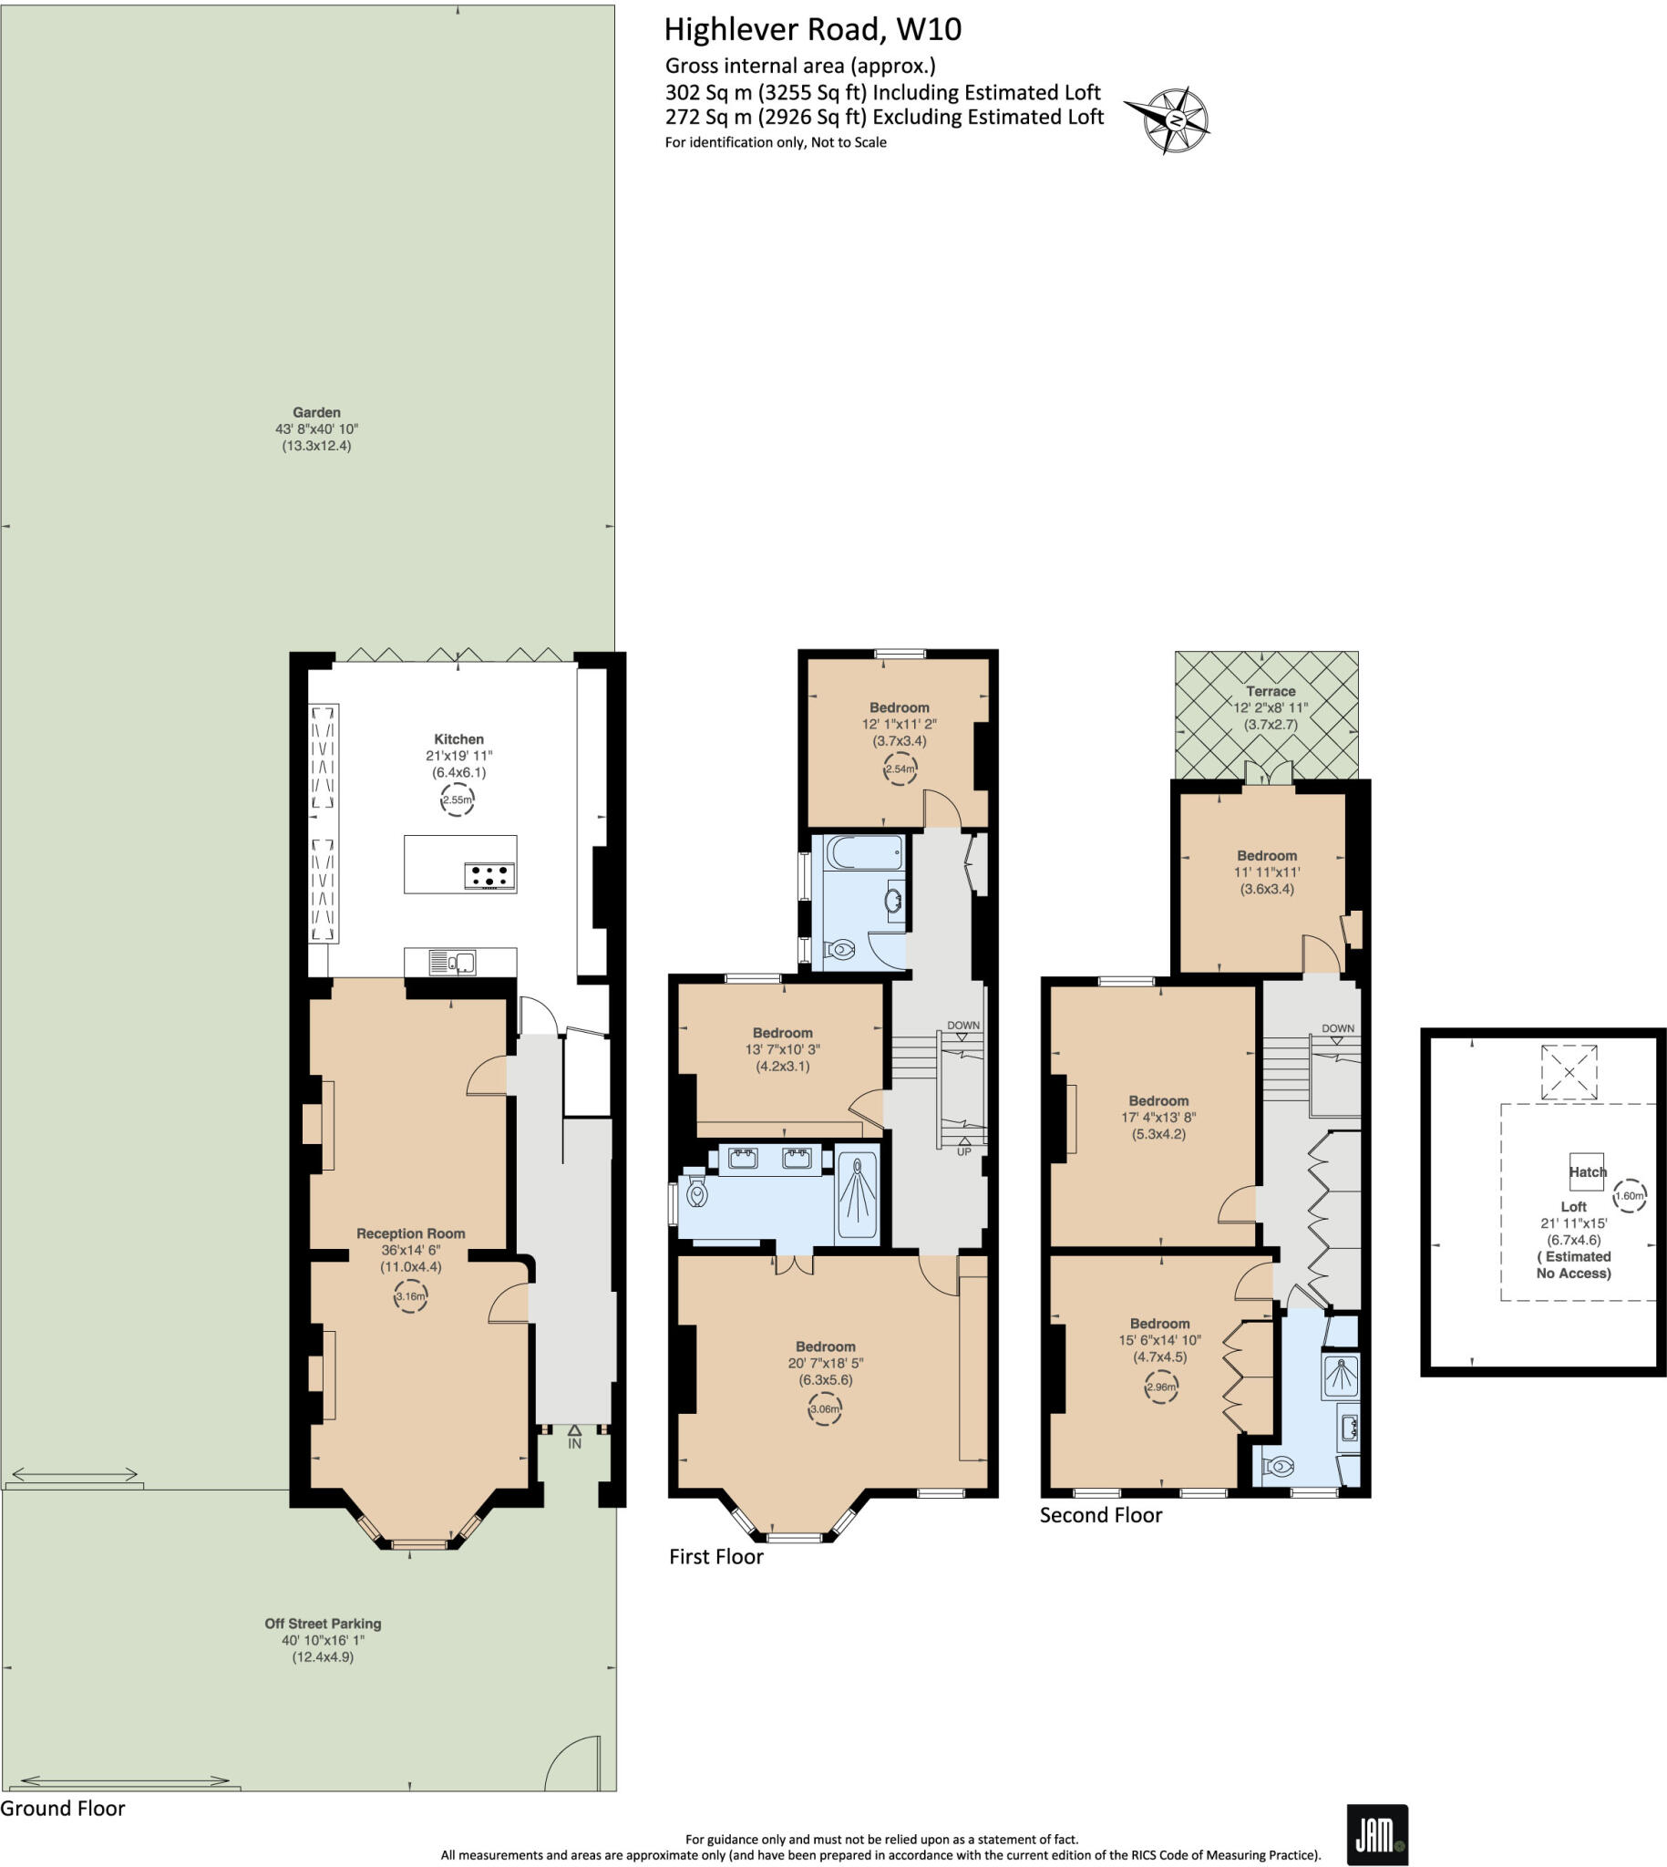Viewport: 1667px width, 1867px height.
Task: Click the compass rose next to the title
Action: (x=1173, y=120)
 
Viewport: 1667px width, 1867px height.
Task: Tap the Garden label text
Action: (x=316, y=412)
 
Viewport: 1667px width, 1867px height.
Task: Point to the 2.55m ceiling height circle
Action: (x=457, y=799)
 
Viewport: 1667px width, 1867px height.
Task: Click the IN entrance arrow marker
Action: (x=574, y=1436)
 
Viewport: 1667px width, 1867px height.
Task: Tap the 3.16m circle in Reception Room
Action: (x=410, y=1296)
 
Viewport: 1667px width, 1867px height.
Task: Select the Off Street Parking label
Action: (x=323, y=1624)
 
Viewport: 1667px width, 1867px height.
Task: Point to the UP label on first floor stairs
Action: (x=963, y=1151)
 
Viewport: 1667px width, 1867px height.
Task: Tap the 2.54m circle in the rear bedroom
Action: (x=900, y=768)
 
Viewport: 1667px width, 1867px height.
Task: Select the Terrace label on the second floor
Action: (x=1271, y=691)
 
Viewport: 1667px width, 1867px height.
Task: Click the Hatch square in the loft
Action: (x=1587, y=1171)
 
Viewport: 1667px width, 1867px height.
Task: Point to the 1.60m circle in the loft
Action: (x=1630, y=1195)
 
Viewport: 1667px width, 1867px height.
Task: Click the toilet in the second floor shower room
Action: (x=1279, y=1467)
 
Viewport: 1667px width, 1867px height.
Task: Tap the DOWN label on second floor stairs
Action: (x=1337, y=1028)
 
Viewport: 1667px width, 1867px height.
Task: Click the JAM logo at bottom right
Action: (x=1375, y=1835)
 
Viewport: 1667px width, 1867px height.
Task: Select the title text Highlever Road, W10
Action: (x=812, y=29)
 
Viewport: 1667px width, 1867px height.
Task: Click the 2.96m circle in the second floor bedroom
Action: (x=1160, y=1387)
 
